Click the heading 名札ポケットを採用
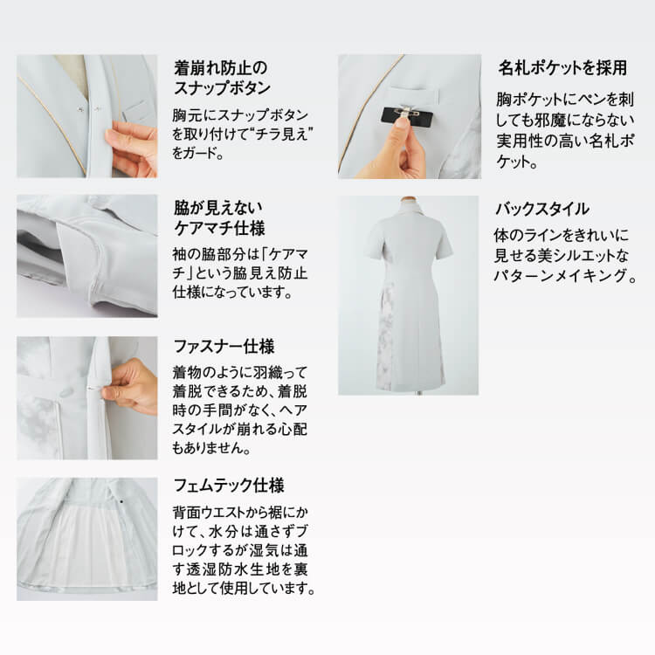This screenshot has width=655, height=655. pyautogui.click(x=562, y=67)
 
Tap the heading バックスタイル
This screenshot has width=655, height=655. pyautogui.click(x=541, y=209)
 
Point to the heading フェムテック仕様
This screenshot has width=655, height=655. pyautogui.click(x=229, y=486)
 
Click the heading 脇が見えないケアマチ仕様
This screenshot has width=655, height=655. pyautogui.click(x=219, y=218)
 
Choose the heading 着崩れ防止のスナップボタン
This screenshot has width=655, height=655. pyautogui.click(x=222, y=78)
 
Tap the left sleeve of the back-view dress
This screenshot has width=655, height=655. pyautogui.click(x=375, y=245)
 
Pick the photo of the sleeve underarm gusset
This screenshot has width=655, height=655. pyautogui.click(x=86, y=256)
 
